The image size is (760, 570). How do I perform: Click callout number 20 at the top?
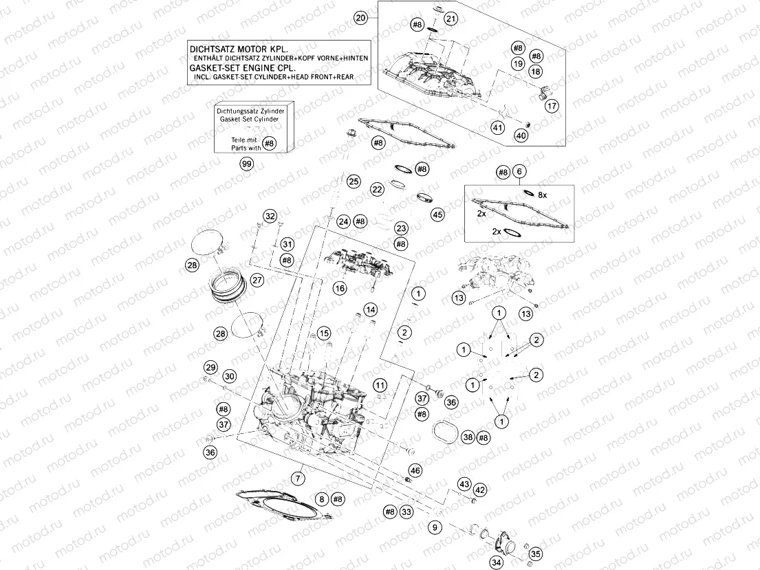pyautogui.click(x=360, y=19)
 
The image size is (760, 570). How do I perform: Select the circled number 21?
pyautogui.click(x=450, y=19)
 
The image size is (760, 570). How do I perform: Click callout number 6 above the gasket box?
pyautogui.click(x=520, y=172)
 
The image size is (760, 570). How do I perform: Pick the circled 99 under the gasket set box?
pyautogui.click(x=246, y=164)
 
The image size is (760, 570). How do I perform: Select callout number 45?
pyautogui.click(x=437, y=215)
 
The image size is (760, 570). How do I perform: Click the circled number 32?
pyautogui.click(x=270, y=217)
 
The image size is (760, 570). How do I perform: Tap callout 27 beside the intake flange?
pyautogui.click(x=257, y=280)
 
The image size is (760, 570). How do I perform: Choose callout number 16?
pyautogui.click(x=339, y=289)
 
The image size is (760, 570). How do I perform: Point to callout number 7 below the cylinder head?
pyautogui.click(x=298, y=477)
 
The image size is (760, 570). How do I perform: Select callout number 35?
pyautogui.click(x=536, y=553)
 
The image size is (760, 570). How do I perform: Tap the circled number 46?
pyautogui.click(x=414, y=470)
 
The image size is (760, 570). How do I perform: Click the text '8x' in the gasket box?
pyautogui.click(x=542, y=195)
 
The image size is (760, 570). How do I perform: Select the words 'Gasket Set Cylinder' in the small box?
pyautogui.click(x=249, y=119)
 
